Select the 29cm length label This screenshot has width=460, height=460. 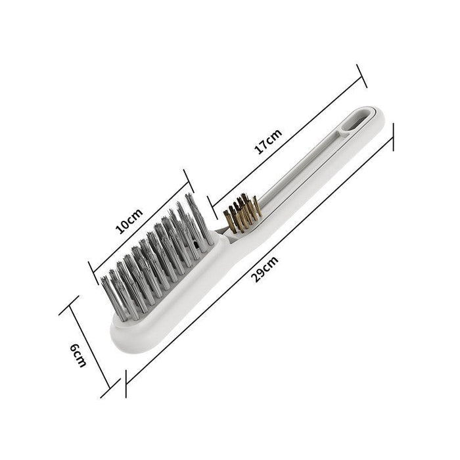coord(267,267)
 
